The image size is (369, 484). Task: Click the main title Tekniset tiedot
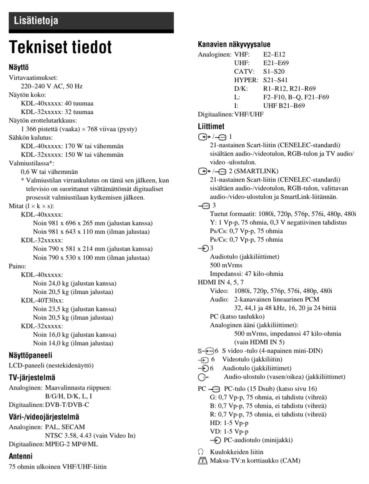click(60, 47)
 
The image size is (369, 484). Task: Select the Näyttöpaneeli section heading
click(30, 355)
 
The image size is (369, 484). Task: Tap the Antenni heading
click(21, 456)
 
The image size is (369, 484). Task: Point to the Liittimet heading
click(211, 126)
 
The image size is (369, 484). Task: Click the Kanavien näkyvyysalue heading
click(234, 44)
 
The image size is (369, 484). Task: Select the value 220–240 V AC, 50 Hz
click(52, 86)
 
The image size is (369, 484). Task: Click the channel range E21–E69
click(276, 63)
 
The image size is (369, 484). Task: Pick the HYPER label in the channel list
click(246, 80)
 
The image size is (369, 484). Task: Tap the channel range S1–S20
click(274, 72)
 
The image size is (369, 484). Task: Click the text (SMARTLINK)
click(256, 171)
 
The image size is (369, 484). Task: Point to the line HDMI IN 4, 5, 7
click(221, 282)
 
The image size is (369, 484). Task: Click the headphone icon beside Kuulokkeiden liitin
click(201, 452)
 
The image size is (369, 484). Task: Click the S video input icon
click(206, 351)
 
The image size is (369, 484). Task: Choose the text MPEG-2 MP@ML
click(71, 444)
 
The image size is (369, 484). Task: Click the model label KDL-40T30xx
click(42, 300)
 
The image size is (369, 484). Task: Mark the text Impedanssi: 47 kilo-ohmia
click(246, 274)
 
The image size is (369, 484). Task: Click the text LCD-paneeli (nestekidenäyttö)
click(51, 366)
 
